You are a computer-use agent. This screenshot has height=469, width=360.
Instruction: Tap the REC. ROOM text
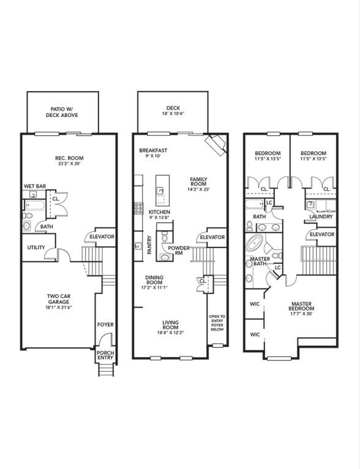pos(68,157)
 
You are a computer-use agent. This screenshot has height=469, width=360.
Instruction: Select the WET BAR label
pos(36,186)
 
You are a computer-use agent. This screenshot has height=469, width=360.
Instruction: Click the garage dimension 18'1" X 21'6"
pos(59,308)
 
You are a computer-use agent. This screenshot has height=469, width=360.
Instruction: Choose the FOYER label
pos(106,325)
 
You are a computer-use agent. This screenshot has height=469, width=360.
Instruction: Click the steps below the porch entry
pos(105,369)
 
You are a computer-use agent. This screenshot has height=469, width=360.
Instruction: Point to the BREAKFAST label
pos(153,150)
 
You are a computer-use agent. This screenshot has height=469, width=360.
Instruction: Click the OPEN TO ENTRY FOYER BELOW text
pos(218,323)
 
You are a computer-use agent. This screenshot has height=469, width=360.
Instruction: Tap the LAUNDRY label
pos(321,216)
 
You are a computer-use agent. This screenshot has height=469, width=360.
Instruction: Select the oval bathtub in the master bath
pos(254,244)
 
